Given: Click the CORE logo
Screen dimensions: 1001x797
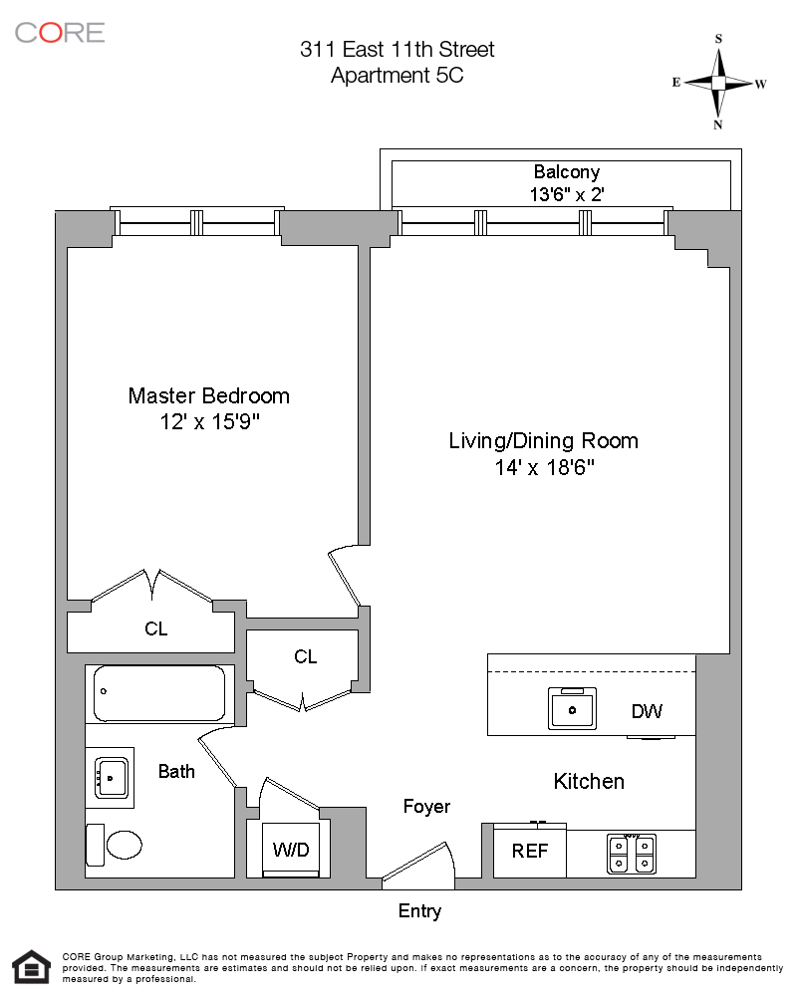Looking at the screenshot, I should coord(60,32).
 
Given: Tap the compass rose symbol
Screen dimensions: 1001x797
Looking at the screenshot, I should coord(718,83).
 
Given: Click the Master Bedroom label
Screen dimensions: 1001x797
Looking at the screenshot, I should coord(208,395).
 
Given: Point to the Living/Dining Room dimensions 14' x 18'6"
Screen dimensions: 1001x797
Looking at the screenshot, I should coord(543,466).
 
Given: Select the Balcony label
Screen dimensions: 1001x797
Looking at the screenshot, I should coord(567,171).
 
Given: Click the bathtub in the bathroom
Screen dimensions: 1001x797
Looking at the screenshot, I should coord(159,693).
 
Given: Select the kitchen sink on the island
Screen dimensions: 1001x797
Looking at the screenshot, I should coord(573,709).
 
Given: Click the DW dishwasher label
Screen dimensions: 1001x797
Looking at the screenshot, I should coord(647,711).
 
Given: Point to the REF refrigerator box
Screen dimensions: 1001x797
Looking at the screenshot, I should coord(530,852).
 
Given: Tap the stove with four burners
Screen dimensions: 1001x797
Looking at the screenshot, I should coord(632,853).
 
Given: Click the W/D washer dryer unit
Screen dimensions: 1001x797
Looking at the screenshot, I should coord(291,850).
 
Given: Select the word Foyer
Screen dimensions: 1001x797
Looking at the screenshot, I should coord(426,806).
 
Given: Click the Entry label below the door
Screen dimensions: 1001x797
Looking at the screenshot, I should coord(419,910).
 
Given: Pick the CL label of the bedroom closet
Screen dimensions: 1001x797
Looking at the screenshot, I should coord(156,629).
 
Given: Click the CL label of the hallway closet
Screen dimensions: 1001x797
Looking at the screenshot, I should coord(305,656).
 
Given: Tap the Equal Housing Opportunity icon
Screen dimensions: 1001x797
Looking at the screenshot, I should coord(31,968).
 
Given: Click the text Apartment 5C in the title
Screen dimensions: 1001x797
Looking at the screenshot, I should coord(397,75).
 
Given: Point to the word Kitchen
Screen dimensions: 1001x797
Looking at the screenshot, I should coord(589,781).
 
